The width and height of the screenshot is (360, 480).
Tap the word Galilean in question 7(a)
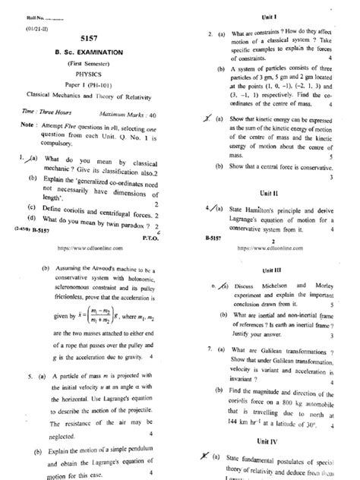(x=275, y=349)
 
